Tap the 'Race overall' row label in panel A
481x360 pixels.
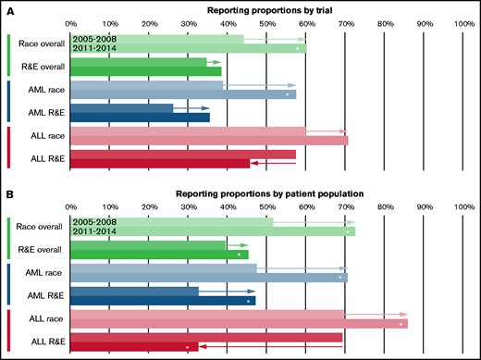40,43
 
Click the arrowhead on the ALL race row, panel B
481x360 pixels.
403,315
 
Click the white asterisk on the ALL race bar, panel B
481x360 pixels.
401,325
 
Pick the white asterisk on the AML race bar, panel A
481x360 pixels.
288,94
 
